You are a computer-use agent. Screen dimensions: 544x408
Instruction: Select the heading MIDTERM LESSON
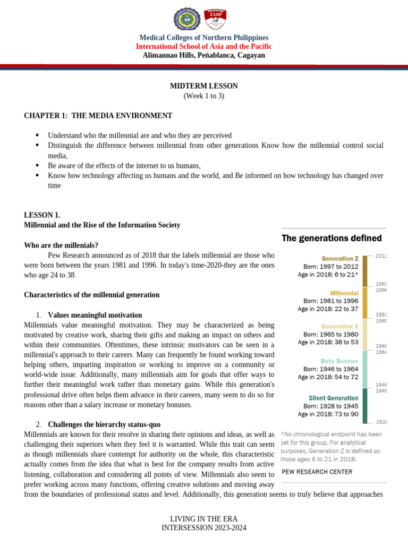coord(203,86)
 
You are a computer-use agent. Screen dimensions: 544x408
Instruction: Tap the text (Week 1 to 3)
coord(203,96)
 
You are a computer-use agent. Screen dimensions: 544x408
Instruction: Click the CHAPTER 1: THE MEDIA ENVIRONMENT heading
coord(98,115)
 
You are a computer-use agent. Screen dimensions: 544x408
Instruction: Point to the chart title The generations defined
coord(331,238)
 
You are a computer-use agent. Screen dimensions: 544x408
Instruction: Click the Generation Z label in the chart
coord(339,258)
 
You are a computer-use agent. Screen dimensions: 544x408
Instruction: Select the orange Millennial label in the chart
coord(344,293)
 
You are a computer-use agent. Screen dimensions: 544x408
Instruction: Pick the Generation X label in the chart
coord(340,326)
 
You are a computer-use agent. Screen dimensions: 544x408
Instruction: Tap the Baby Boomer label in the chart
coord(340,360)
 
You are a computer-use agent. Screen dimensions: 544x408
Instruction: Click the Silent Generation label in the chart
coord(333,397)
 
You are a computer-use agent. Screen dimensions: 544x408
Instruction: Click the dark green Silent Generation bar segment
coord(365,405)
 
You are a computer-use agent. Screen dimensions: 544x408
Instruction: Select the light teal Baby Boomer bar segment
coord(365,369)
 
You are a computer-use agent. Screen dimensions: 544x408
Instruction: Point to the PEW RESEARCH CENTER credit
coord(316,471)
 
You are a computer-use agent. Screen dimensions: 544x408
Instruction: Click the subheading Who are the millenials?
coord(61,245)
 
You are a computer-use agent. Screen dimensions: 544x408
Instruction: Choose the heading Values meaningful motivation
coord(95,315)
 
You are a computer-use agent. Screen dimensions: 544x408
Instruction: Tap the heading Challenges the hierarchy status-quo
coord(104,424)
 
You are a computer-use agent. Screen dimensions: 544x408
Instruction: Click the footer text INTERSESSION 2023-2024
coord(203,528)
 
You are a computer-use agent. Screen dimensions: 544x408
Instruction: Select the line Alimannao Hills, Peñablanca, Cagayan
coord(203,55)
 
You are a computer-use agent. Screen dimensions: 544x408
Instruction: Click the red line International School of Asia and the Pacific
coord(203,47)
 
